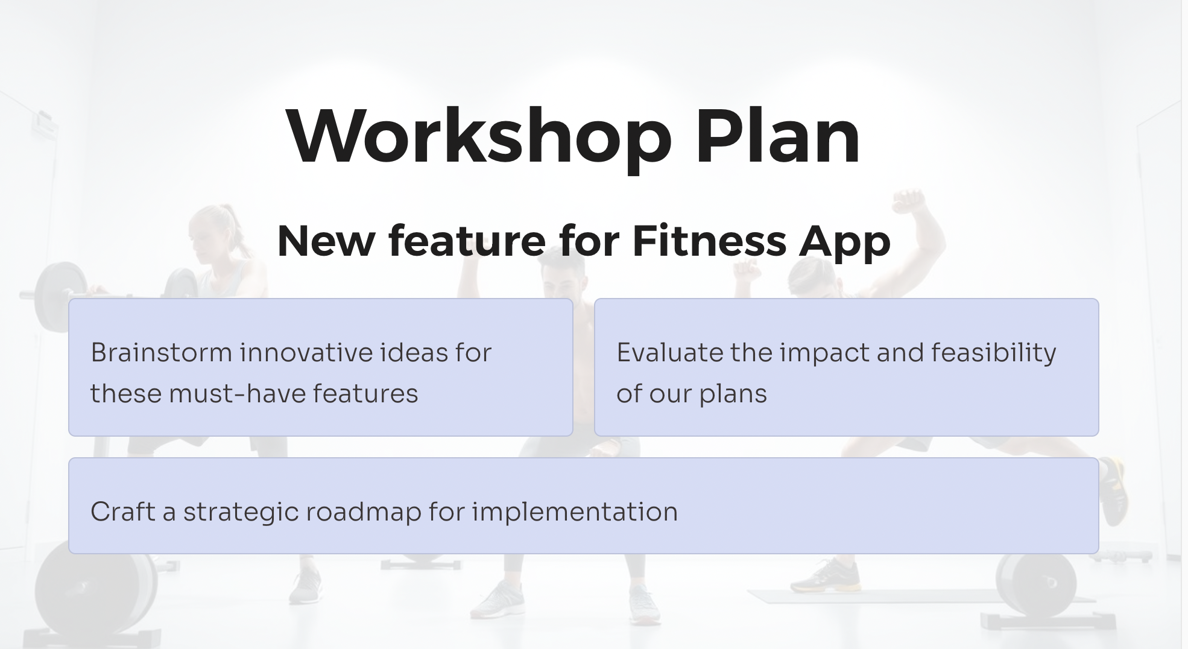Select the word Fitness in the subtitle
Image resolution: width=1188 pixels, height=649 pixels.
[x=709, y=241]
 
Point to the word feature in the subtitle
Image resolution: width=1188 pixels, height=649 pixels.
[x=467, y=241]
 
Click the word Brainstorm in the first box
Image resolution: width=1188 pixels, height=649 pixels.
[x=160, y=353]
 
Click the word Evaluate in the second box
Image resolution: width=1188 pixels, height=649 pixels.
[x=669, y=353]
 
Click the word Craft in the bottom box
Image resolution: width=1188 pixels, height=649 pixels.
[x=122, y=512]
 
